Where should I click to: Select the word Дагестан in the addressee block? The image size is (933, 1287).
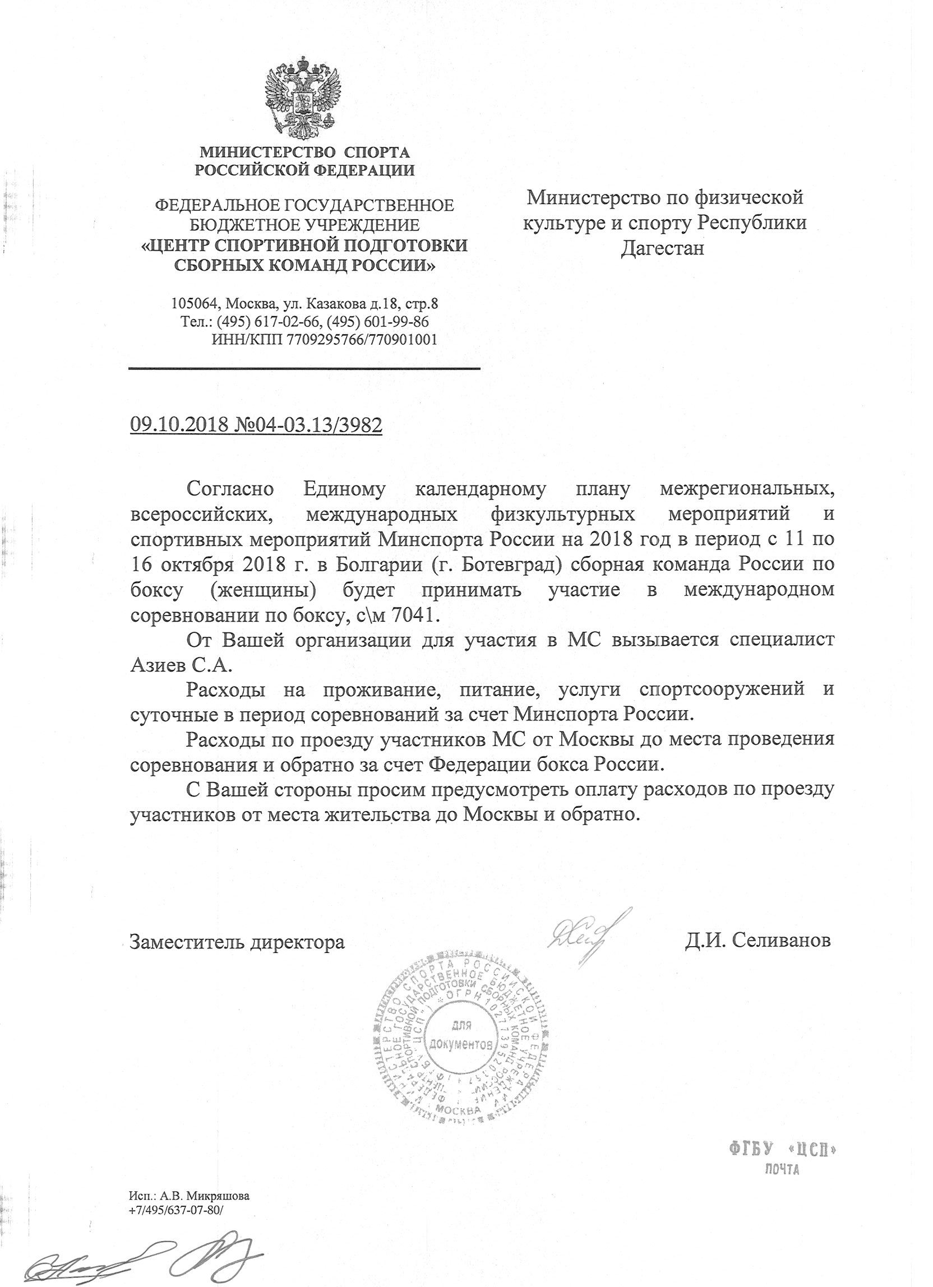662,248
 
